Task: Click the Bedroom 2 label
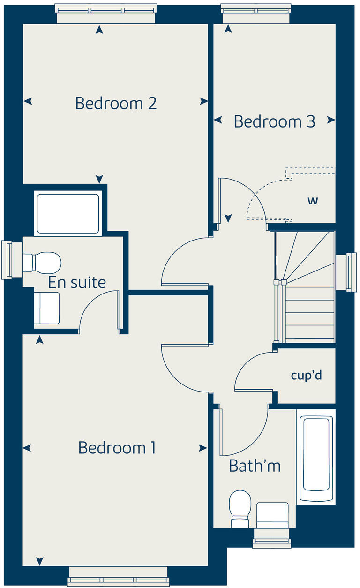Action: (116, 103)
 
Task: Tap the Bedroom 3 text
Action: (275, 122)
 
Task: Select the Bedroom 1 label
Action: (117, 448)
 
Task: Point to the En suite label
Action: (77, 283)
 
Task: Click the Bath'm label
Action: (255, 466)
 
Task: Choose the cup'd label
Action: (307, 376)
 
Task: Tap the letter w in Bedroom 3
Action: (313, 201)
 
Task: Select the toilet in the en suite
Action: (43, 262)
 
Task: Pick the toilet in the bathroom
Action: (240, 508)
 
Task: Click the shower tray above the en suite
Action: (68, 213)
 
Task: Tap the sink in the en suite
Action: (47, 308)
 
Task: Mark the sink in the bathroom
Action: (272, 514)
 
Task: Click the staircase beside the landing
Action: (305, 286)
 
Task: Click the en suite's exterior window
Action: (7, 260)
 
